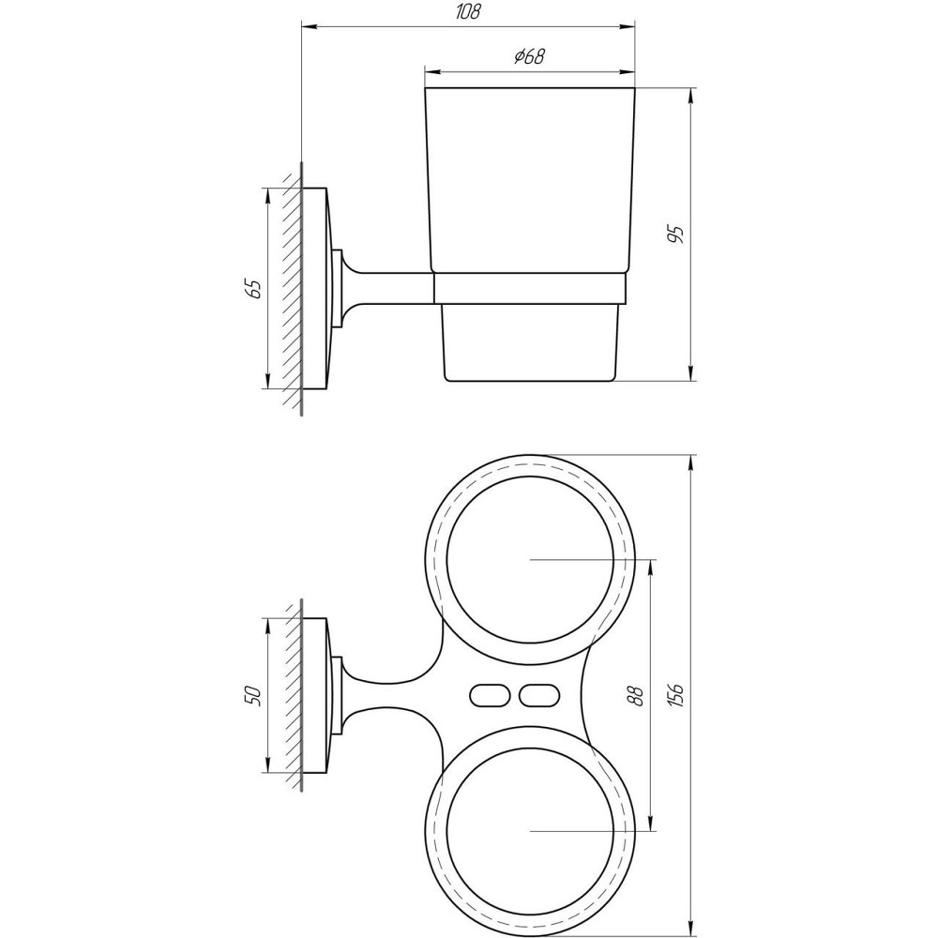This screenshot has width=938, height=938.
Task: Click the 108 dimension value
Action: click(470, 12)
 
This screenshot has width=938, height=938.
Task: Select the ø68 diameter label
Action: click(530, 56)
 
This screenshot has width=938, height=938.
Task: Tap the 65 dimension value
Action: click(251, 288)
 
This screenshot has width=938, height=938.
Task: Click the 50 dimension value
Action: click(251, 696)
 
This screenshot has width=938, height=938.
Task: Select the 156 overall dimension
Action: click(677, 695)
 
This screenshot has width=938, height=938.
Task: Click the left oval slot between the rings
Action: click(487, 696)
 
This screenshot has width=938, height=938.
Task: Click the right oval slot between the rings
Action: click(537, 696)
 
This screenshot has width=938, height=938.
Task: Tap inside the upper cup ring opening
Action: click(530, 559)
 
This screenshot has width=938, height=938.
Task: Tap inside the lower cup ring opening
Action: click(530, 831)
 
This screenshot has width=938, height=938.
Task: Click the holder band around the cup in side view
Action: click(530, 289)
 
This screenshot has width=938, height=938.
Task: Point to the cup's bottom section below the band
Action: click(530, 342)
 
